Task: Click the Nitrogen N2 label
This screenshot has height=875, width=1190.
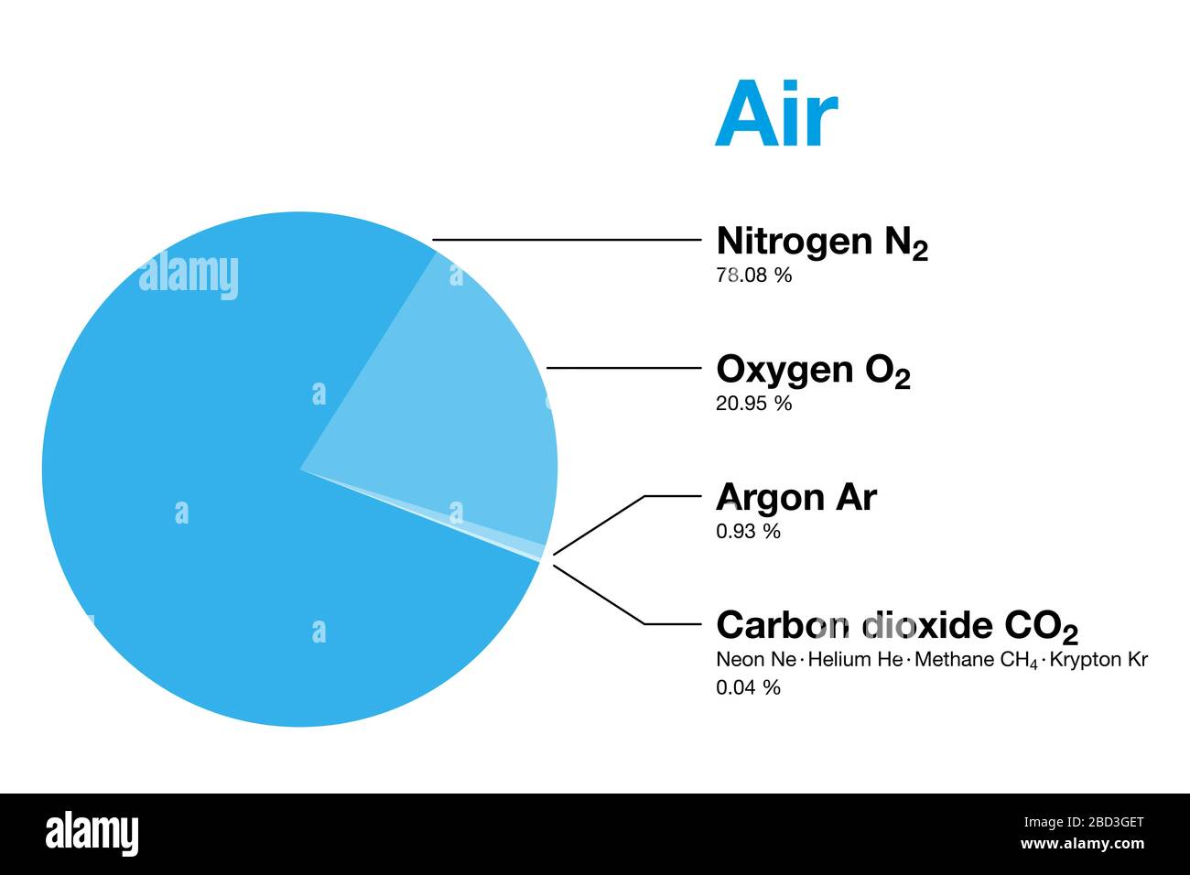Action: [821, 242]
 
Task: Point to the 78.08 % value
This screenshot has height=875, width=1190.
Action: [753, 275]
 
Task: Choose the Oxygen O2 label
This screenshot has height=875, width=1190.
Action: [813, 370]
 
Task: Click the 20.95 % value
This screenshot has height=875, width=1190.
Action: [753, 403]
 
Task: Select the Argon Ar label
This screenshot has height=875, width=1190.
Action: [795, 497]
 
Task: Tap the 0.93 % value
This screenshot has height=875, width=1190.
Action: [748, 531]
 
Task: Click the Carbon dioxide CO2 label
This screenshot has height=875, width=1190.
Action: [896, 626]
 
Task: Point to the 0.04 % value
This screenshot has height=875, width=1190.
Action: [748, 687]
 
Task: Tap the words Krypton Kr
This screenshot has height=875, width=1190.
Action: [1098, 659]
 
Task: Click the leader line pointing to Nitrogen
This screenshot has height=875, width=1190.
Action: [568, 240]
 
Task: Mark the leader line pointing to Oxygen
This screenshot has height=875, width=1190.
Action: [622, 368]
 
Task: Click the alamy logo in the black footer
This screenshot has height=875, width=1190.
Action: [92, 834]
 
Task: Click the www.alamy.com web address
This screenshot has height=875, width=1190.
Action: [1081, 844]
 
